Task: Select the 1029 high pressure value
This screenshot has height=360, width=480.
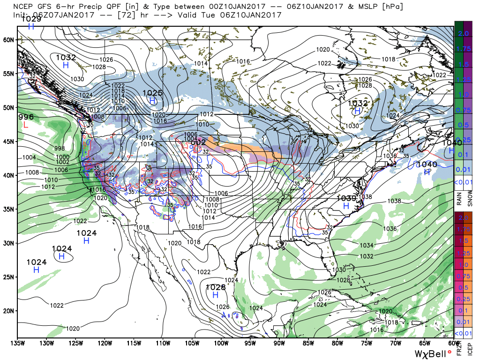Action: [31, 19]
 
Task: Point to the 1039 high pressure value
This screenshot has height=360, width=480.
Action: [346, 198]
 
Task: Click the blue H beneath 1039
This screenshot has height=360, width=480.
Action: [346, 206]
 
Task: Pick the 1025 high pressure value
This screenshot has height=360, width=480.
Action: [152, 93]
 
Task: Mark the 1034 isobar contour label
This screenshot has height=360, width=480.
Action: [367, 245]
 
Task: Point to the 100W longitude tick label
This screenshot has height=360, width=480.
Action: [221, 343]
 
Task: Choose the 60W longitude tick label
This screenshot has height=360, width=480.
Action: [453, 343]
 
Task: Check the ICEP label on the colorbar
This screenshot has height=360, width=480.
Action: [470, 349]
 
